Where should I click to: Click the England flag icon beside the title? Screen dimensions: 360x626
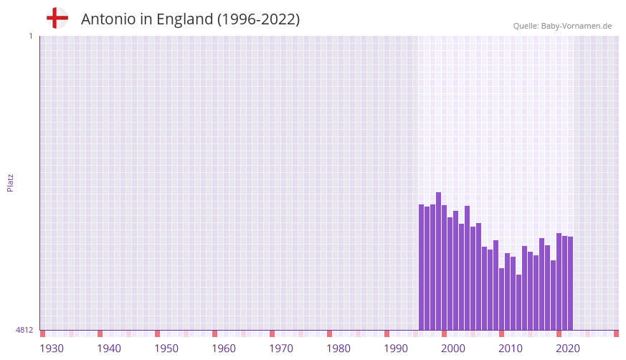click(x=57, y=19)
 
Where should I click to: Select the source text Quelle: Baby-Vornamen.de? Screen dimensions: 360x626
click(x=562, y=26)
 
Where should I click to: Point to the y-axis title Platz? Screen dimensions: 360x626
click(x=10, y=182)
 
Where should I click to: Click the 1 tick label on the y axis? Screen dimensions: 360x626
click(x=30, y=36)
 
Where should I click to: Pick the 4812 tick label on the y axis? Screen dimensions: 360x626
click(x=24, y=331)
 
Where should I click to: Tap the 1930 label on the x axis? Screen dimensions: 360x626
click(x=52, y=349)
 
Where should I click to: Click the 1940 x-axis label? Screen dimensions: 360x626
click(x=109, y=349)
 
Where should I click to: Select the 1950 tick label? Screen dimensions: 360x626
click(x=166, y=349)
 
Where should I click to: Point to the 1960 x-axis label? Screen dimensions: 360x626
click(x=224, y=349)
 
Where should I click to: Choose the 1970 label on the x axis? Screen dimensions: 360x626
click(x=281, y=349)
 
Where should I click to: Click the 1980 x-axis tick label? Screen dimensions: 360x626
click(x=338, y=349)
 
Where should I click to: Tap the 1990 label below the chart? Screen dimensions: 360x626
click(x=396, y=349)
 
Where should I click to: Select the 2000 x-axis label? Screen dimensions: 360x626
click(x=453, y=349)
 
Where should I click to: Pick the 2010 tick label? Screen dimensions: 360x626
click(x=511, y=349)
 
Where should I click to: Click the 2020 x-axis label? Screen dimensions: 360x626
click(x=568, y=349)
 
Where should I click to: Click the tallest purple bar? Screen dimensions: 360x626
click(x=438, y=261)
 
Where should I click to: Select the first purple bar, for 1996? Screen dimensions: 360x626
click(x=421, y=267)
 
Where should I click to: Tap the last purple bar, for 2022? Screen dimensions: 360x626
click(x=570, y=283)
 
